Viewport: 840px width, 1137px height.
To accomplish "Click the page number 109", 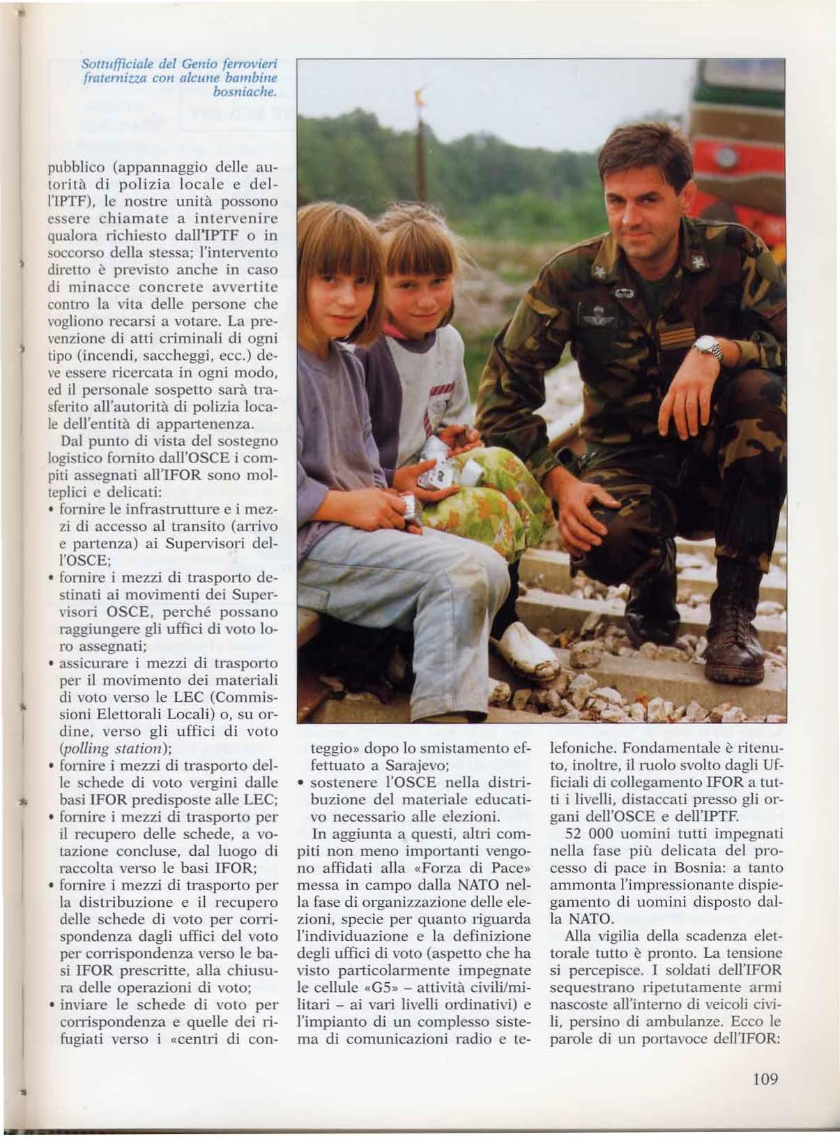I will (765, 1079).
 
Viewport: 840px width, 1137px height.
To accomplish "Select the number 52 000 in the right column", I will (583, 834).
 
